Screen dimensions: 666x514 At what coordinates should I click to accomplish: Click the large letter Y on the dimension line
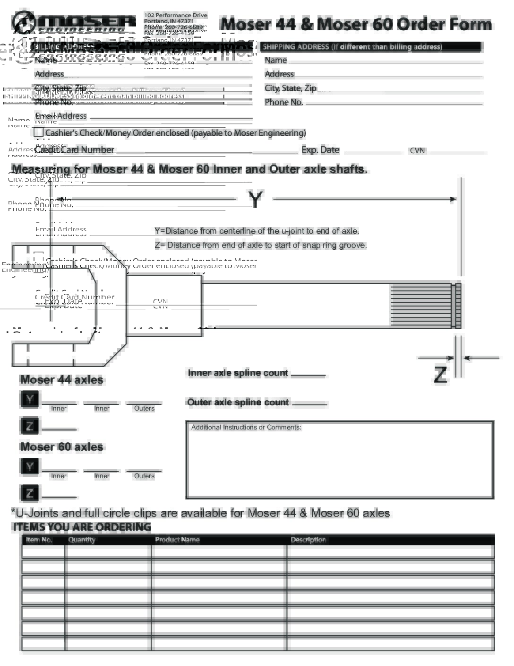pos(255,199)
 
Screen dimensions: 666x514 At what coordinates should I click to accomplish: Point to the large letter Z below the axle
pos(440,374)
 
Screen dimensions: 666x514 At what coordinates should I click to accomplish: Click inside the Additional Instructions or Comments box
pos(340,464)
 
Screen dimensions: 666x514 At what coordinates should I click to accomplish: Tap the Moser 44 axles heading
pos(61,380)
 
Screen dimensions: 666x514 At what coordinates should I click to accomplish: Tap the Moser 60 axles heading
pos(61,447)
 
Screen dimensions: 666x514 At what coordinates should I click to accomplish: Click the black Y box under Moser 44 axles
pos(30,399)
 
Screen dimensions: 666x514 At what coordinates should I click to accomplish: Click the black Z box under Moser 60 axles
pos(30,493)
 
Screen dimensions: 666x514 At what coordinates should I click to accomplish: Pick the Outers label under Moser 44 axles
pos(144,408)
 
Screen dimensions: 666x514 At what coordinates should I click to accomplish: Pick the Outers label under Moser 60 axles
pos(144,476)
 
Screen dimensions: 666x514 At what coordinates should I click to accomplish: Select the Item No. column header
pos(39,540)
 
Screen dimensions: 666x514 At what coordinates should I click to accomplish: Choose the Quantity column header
pos(82,540)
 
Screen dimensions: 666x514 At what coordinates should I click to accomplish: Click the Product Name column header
pos(177,540)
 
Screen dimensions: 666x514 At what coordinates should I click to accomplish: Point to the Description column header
pos(308,540)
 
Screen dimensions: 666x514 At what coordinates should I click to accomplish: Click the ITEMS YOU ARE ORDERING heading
pos(82,527)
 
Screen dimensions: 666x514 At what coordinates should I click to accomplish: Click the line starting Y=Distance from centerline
pos(257,231)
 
